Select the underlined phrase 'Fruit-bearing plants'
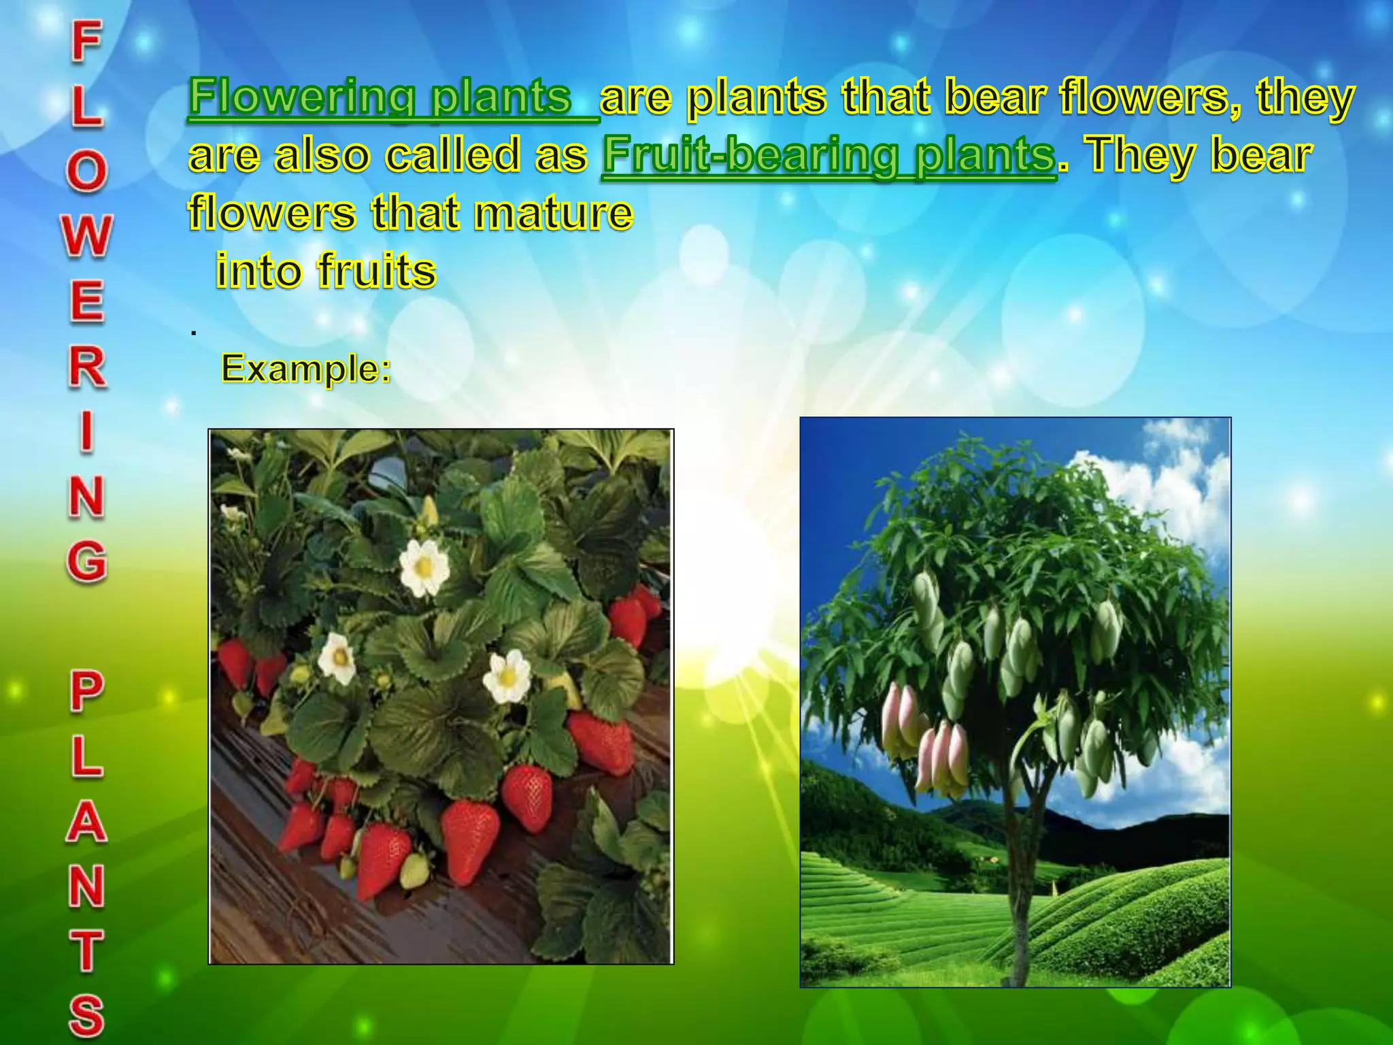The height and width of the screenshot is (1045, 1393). pyautogui.click(x=828, y=155)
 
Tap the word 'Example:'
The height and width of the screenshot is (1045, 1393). pyautogui.click(x=306, y=369)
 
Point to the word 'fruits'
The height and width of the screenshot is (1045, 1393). pyautogui.click(x=376, y=271)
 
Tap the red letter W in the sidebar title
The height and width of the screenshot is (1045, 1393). pyautogui.click(x=86, y=236)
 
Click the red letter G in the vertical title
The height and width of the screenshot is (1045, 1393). pyautogui.click(x=86, y=561)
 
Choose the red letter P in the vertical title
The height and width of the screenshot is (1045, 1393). pyautogui.click(x=86, y=691)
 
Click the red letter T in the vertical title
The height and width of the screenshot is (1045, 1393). pyautogui.click(x=86, y=951)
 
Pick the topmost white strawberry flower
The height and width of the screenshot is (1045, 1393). pyautogui.click(x=424, y=567)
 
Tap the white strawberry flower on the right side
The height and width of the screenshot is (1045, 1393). pyautogui.click(x=507, y=676)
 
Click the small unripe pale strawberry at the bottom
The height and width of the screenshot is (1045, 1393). pyautogui.click(x=414, y=871)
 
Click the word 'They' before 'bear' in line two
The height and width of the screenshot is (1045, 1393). pyautogui.click(x=1142, y=155)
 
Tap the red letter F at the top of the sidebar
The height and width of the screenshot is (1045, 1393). pyautogui.click(x=86, y=41)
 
